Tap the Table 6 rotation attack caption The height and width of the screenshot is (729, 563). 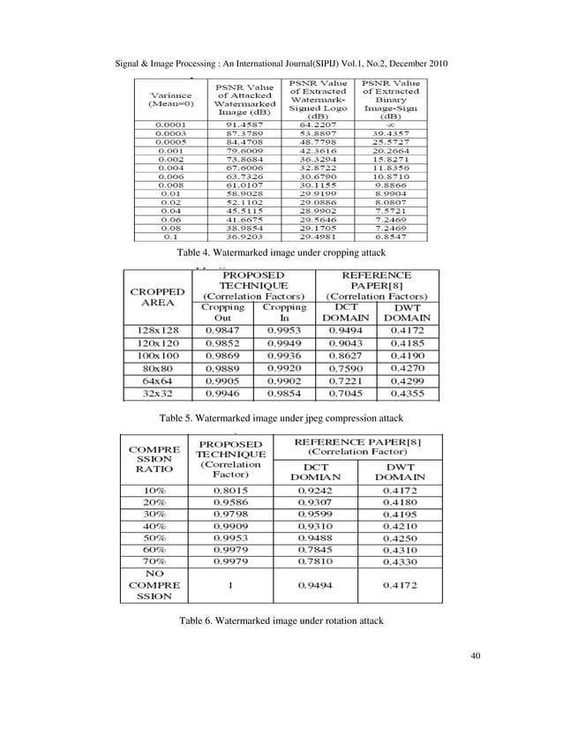tap(281, 622)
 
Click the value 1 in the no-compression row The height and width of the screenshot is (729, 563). tap(230, 584)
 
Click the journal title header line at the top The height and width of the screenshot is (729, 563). tap(282, 65)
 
